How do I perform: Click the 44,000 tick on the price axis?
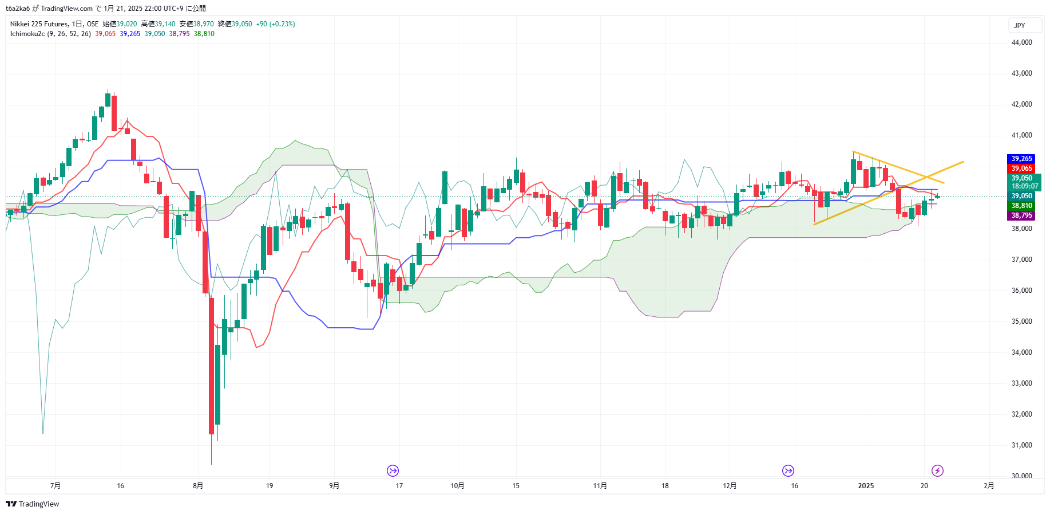1021,42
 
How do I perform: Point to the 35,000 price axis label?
1021,321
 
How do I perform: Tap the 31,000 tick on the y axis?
1021,445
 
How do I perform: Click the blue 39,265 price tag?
1021,159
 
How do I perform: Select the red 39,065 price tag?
1021,168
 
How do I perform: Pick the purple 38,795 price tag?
1021,215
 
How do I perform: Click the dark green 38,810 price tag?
1021,206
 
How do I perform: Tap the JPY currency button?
1020,26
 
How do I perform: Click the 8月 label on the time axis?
198,486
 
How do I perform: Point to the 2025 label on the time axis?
866,486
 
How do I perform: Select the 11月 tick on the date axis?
600,486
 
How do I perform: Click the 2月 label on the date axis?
989,486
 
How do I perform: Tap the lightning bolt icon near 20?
937,471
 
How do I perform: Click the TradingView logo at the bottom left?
33,504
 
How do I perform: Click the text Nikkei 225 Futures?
39,24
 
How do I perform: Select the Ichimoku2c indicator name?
27,34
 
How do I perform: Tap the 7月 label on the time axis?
56,486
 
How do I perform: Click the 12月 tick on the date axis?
730,486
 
